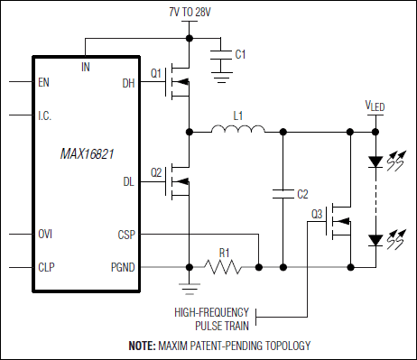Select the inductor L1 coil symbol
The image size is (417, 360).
coord(238,131)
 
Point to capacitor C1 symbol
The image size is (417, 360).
coord(218,57)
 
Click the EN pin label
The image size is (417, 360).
coord(43,82)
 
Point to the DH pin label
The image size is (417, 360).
coord(128,84)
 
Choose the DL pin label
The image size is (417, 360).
coord(128,182)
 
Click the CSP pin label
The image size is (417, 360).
coord(126,235)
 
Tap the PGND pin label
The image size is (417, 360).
coord(123,267)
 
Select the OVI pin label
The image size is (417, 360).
coord(45,235)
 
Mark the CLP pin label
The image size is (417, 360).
coord(45,267)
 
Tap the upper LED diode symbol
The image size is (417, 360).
coord(374,163)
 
